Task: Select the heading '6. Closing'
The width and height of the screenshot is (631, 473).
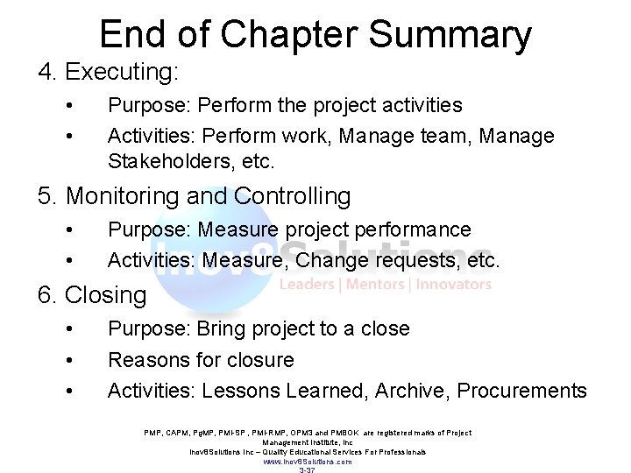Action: coord(91,295)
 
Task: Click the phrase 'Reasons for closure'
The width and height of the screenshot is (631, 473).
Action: coord(201,359)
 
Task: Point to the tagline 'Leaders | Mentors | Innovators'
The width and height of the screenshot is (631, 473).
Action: coord(385,285)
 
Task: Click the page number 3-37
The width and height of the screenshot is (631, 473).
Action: coord(308,469)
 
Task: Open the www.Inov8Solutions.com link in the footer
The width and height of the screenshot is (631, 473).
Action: coord(308,461)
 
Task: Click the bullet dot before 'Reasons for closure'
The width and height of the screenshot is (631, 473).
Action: coord(68,360)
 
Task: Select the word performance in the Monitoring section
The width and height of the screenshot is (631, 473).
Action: coord(411,229)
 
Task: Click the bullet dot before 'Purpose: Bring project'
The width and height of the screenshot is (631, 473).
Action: coord(68,329)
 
